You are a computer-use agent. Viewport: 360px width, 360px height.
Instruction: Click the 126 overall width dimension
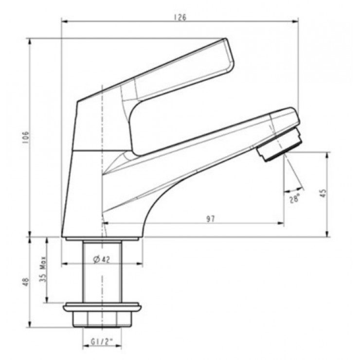pyautogui.click(x=180, y=17)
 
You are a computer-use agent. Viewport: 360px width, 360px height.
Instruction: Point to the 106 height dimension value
pyautogui.click(x=25, y=138)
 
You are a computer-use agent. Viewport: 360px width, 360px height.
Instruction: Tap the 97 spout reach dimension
pyautogui.click(x=210, y=219)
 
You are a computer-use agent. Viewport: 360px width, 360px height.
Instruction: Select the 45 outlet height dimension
pyautogui.click(x=323, y=193)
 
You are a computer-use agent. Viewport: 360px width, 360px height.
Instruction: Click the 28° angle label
pyautogui.click(x=294, y=198)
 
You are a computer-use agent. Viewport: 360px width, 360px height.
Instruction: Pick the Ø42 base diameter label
pyautogui.click(x=102, y=259)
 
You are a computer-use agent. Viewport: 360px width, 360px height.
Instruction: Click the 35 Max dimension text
pyautogui.click(x=43, y=269)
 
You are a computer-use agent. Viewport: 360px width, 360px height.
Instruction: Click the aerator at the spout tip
pyautogui.click(x=279, y=145)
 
